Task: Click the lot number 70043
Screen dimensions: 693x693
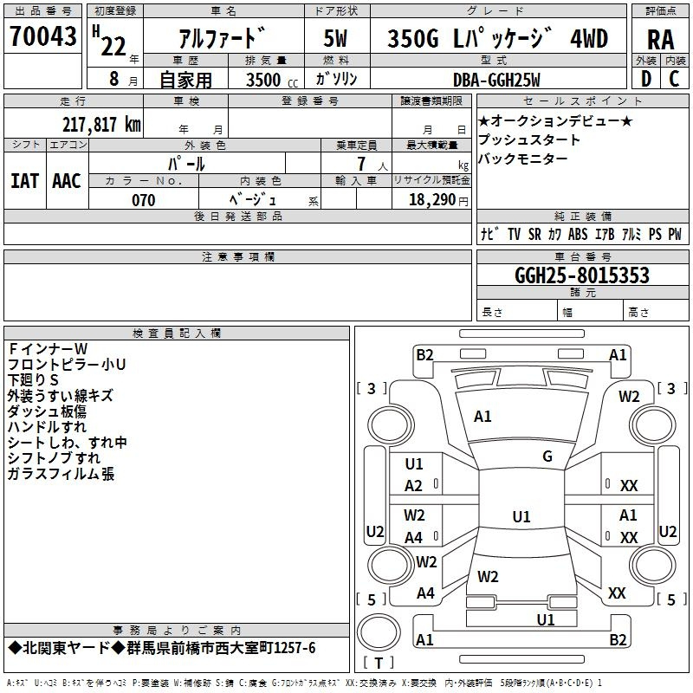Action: point(42,36)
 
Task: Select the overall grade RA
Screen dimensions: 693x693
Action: point(660,40)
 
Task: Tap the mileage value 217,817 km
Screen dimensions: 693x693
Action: point(101,125)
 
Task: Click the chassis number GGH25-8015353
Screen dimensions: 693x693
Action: point(582,275)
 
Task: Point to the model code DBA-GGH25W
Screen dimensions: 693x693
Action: point(496,80)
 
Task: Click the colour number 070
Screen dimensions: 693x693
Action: point(143,200)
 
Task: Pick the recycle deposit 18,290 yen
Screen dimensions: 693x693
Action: point(438,200)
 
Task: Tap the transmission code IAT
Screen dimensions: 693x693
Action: point(24,181)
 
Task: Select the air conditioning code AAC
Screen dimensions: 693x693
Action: point(67,181)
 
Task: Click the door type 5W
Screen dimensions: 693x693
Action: point(335,38)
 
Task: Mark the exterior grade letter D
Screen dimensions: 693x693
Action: point(645,79)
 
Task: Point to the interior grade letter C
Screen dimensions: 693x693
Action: point(674,79)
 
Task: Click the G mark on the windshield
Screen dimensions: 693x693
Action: point(547,457)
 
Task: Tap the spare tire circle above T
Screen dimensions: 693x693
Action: point(379,632)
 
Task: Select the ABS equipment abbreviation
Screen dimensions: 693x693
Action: point(578,234)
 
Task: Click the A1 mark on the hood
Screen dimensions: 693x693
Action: point(483,417)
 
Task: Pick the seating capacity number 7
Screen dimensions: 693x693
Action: point(361,164)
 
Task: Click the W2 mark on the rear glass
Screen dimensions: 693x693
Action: point(488,577)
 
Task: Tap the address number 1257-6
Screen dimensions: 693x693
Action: point(295,648)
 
